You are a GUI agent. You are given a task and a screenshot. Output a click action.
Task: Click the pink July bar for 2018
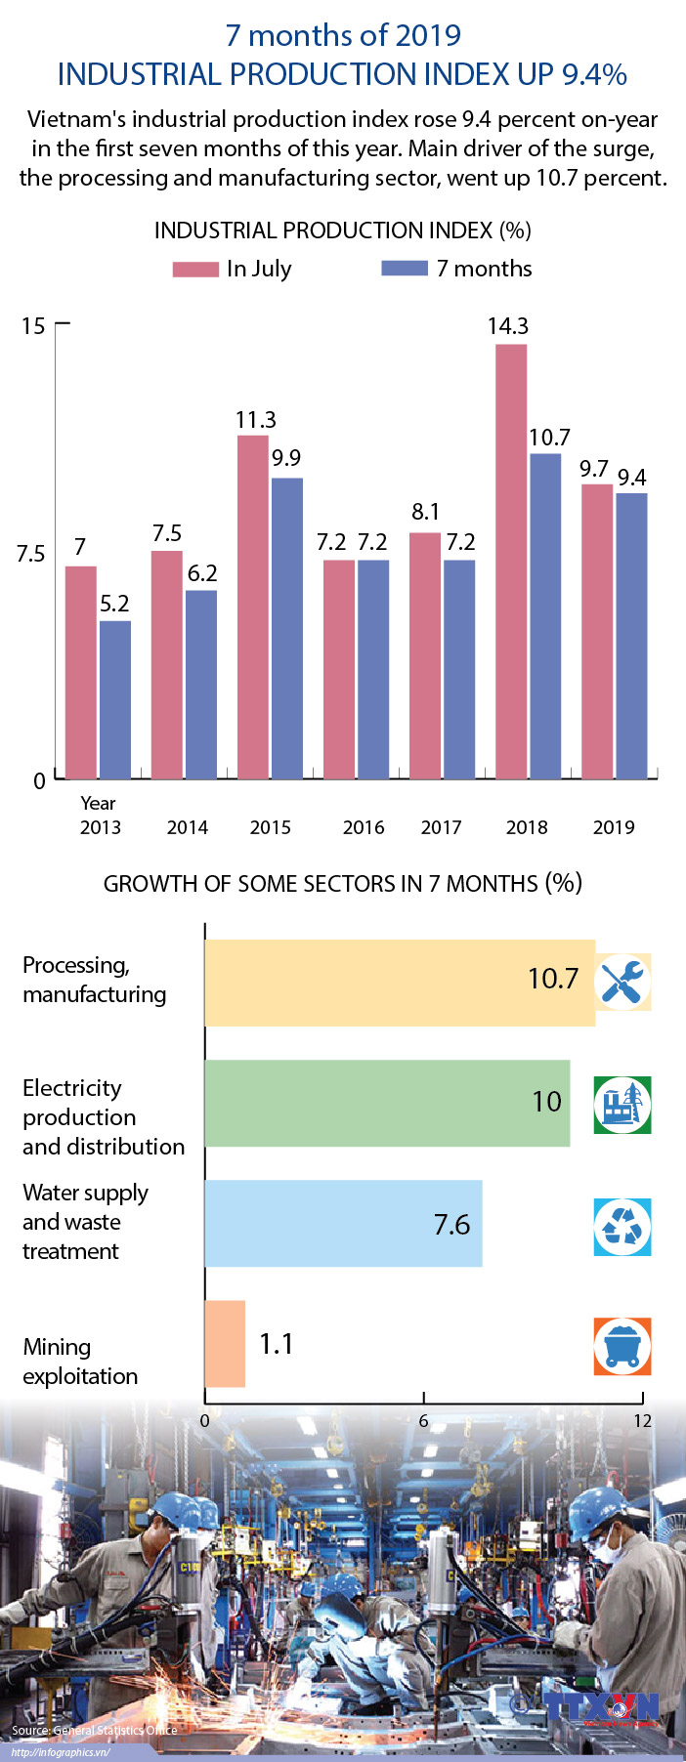click(x=511, y=562)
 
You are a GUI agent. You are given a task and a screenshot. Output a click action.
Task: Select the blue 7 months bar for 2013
click(x=115, y=699)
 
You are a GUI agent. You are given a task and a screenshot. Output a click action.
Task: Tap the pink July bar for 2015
click(x=253, y=607)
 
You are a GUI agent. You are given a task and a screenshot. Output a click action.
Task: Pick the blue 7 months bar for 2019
click(x=631, y=636)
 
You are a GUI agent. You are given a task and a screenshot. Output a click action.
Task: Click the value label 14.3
click(x=508, y=326)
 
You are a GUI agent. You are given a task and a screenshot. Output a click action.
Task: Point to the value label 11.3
click(x=256, y=420)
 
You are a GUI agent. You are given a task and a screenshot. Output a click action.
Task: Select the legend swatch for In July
click(x=195, y=269)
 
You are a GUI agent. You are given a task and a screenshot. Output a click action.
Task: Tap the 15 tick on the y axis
click(x=33, y=325)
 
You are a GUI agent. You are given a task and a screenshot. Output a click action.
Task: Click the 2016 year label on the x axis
click(x=364, y=827)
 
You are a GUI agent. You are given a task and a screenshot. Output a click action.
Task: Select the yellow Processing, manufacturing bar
click(x=399, y=983)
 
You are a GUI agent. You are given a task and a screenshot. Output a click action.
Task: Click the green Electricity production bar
click(x=387, y=1103)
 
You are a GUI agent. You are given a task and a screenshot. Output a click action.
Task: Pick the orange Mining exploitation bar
click(x=225, y=1344)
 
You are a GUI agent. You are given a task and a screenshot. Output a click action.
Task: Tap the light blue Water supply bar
click(x=343, y=1223)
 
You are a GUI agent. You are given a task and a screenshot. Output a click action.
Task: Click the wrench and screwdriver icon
click(x=622, y=982)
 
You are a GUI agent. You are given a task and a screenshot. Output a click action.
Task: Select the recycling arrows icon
click(x=622, y=1227)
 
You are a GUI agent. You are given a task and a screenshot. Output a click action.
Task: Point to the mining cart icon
click(x=622, y=1347)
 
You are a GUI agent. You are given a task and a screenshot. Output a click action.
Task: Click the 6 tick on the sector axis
click(x=423, y=1420)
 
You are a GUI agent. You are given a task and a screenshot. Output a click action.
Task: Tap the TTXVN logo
click(x=602, y=1707)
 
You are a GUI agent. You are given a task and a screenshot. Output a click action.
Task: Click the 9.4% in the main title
click(x=594, y=74)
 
